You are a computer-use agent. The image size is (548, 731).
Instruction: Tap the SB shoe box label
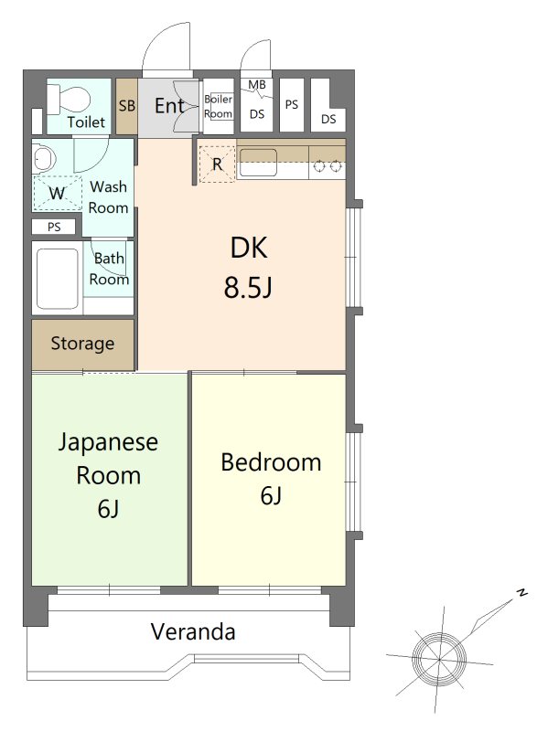[x=127, y=106]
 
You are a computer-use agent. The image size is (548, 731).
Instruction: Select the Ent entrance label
[x=169, y=106]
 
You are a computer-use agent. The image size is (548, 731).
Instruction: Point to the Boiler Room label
[x=219, y=106]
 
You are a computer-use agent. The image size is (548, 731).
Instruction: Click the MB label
[x=257, y=84]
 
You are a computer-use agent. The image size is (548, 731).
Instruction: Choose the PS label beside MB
[x=292, y=104]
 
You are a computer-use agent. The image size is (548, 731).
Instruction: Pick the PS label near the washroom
[x=54, y=227]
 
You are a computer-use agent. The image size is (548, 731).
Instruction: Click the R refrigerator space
[x=217, y=164]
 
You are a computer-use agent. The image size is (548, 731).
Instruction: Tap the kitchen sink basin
[x=258, y=162]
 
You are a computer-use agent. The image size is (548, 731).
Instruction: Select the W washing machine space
[x=57, y=193]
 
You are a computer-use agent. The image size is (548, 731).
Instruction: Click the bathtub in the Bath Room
[x=58, y=279]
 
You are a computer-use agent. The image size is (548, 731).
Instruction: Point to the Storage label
[x=82, y=344]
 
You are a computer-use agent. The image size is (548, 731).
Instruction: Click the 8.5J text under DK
[x=248, y=287]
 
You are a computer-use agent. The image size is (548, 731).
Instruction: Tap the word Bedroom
[x=271, y=462]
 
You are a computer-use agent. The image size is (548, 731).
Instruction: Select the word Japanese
[x=108, y=442]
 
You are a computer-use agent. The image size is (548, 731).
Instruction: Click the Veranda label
[x=193, y=631]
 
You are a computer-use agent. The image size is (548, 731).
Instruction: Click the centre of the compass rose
[x=439, y=659]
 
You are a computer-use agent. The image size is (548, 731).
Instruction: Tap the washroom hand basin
[x=44, y=159]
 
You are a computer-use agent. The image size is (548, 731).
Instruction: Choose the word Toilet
[x=86, y=122]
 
